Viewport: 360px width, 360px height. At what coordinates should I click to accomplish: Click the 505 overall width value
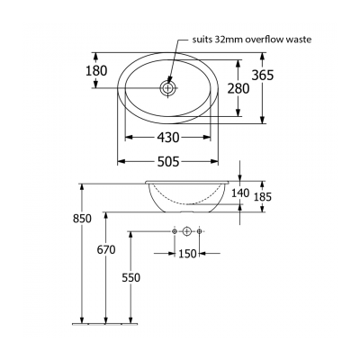[169, 161]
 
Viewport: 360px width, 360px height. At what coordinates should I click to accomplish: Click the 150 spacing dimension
[187, 254]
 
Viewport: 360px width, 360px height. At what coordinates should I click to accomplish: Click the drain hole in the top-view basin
[168, 88]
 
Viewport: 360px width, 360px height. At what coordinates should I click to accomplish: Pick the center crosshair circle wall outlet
[186, 232]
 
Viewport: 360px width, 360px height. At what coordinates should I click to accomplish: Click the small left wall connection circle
[174, 232]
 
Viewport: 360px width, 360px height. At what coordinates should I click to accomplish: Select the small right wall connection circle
[200, 232]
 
